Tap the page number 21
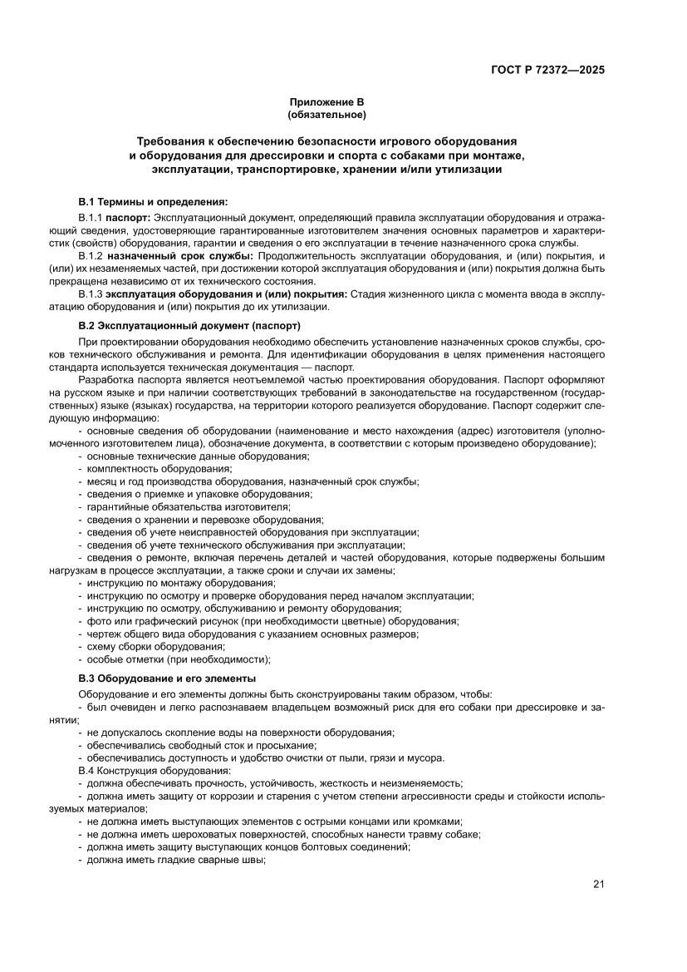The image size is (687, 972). click(598, 884)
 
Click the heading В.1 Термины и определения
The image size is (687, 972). click(152, 202)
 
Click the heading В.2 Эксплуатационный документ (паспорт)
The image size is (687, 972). click(189, 324)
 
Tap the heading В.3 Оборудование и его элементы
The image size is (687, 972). click(166, 678)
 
